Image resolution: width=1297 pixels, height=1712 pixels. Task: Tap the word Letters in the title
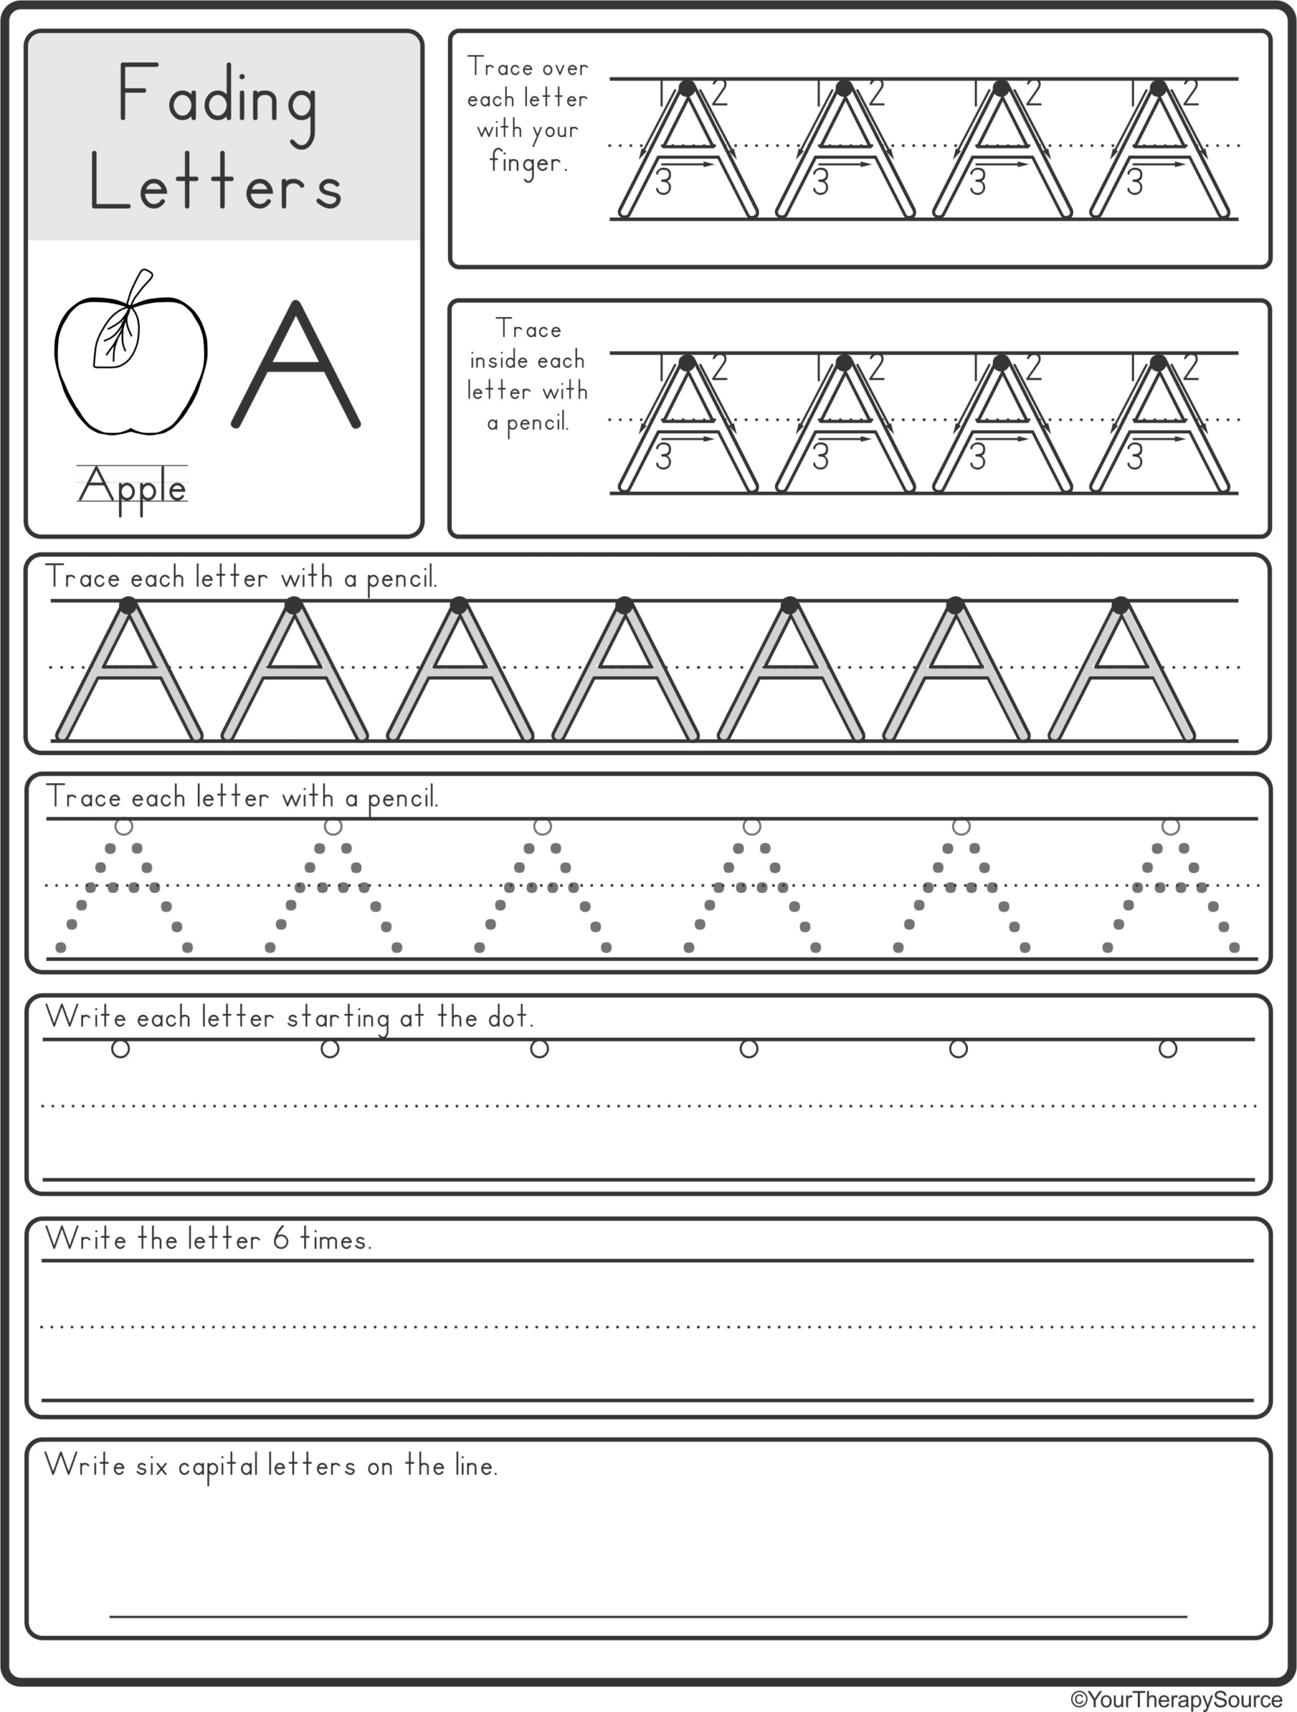click(x=216, y=184)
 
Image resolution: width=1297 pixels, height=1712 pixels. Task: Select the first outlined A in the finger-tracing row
click(x=687, y=151)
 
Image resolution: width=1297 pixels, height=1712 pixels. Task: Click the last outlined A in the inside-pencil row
click(x=1159, y=426)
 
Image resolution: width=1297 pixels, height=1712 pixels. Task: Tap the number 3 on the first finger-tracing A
click(x=663, y=184)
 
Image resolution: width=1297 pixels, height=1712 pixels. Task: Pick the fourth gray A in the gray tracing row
click(x=624, y=672)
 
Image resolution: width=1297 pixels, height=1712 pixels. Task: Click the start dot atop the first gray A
click(x=128, y=605)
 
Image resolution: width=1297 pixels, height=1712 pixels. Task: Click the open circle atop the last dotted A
click(x=1170, y=827)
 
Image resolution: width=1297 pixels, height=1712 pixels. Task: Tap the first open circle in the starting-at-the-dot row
click(x=120, y=1049)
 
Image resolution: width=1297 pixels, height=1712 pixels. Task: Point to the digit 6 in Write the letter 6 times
click(x=280, y=1239)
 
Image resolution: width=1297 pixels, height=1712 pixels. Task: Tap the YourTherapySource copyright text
click(x=1176, y=1699)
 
